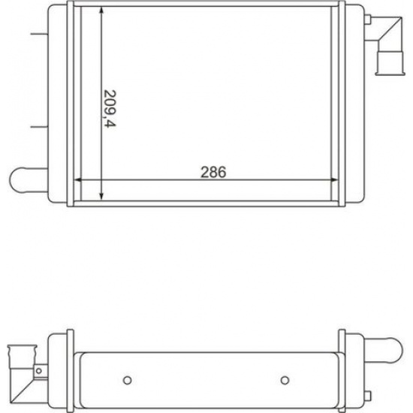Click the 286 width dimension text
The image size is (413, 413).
[213, 172]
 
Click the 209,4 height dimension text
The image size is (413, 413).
[110, 109]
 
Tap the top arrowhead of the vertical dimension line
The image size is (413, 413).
[101, 11]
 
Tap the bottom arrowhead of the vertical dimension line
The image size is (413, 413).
[101, 196]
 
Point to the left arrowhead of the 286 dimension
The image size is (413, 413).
[78, 180]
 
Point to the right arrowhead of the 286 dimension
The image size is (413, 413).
[334, 180]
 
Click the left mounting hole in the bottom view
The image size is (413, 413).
[128, 381]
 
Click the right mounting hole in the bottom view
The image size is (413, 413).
[285, 381]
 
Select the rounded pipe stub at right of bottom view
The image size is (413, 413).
[384, 351]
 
